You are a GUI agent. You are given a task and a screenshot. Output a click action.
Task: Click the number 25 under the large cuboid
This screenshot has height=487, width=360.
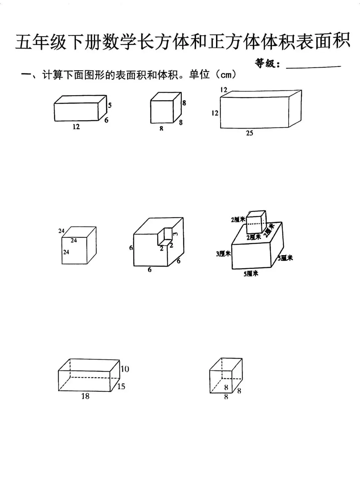(x=249, y=133)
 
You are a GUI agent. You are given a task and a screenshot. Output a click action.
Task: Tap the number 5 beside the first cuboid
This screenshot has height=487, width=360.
(x=110, y=105)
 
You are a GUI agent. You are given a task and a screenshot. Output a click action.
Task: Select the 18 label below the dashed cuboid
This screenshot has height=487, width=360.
(x=85, y=396)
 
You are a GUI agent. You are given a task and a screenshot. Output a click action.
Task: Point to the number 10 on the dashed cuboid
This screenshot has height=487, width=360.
(x=125, y=369)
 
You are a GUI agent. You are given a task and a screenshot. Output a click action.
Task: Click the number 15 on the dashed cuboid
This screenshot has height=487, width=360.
(x=121, y=386)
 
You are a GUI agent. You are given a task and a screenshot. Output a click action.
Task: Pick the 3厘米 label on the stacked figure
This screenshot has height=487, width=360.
(x=223, y=254)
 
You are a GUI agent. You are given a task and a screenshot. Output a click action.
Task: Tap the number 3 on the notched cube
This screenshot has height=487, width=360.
(x=176, y=234)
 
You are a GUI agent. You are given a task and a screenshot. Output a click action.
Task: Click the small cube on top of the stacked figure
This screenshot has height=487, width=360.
(x=256, y=222)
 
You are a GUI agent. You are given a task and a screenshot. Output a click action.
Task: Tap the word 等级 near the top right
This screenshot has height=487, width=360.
(x=267, y=63)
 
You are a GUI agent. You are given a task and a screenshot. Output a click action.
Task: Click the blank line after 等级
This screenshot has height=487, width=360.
(x=313, y=66)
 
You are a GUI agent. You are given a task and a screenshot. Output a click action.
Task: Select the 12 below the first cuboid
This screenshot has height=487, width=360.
(x=76, y=127)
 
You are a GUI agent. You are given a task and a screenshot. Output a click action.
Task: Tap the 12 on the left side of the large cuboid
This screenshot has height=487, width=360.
(x=215, y=113)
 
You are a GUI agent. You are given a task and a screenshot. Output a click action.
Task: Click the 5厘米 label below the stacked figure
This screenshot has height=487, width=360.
(x=251, y=274)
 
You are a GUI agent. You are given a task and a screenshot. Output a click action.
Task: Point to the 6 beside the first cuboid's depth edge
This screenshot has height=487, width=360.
(x=106, y=120)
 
